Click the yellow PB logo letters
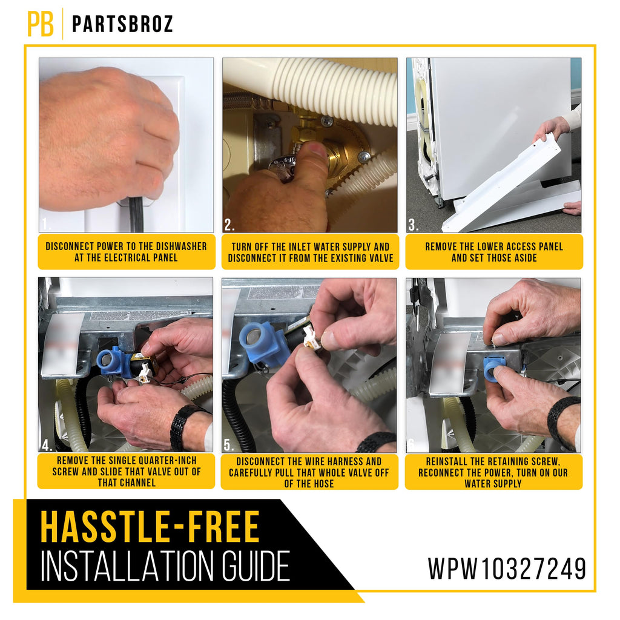(41, 24)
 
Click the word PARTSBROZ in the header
(122, 24)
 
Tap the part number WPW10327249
(507, 569)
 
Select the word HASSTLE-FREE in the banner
(150, 527)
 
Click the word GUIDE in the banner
(256, 567)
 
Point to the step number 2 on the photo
(229, 225)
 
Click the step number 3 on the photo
(413, 225)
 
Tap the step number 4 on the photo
(47, 445)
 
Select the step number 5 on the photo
(228, 445)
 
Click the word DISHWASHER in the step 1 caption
(182, 246)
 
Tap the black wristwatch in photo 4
(184, 425)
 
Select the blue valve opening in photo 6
(494, 370)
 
